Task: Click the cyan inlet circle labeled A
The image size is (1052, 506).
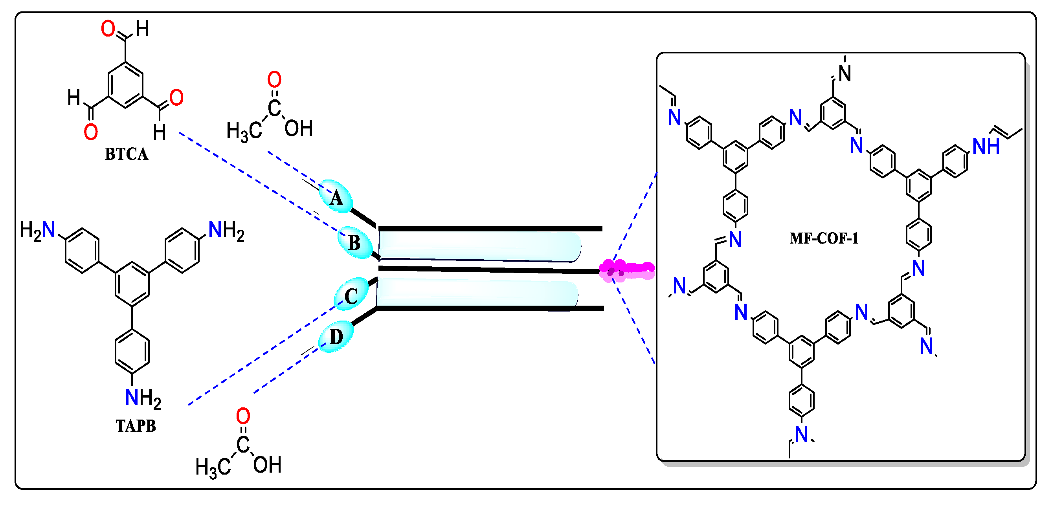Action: tap(335, 196)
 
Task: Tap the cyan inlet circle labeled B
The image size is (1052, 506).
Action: tap(354, 242)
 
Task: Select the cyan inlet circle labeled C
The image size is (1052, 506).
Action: tap(351, 295)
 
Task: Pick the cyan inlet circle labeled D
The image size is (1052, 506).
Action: tap(336, 337)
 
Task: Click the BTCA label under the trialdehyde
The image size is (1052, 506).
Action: tap(127, 154)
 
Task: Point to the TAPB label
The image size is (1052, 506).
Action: tap(136, 426)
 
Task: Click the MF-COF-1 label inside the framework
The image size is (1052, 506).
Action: tap(824, 238)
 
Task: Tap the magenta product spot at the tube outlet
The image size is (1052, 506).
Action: tap(626, 269)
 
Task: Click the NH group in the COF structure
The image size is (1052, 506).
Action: tap(986, 146)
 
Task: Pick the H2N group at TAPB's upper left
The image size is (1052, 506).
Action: tap(38, 230)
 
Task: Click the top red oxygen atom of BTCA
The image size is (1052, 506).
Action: tap(108, 29)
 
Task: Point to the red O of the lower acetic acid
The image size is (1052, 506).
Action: tap(243, 416)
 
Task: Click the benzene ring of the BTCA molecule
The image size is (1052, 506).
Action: tap(125, 85)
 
